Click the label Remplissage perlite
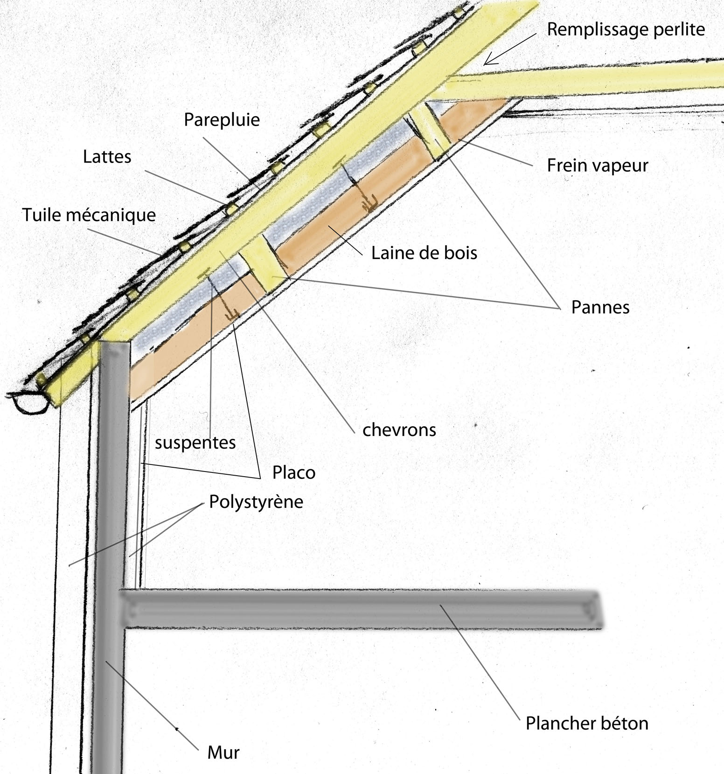click(626, 29)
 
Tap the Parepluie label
click(222, 120)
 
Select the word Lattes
click(107, 156)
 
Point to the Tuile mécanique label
click(89, 215)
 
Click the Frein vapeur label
click(597, 165)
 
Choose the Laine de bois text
click(424, 253)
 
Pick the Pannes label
click(600, 307)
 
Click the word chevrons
click(399, 430)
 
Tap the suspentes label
click(195, 443)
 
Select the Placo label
click(293, 473)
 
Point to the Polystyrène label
click(256, 502)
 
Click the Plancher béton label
click(586, 724)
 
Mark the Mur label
click(223, 753)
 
